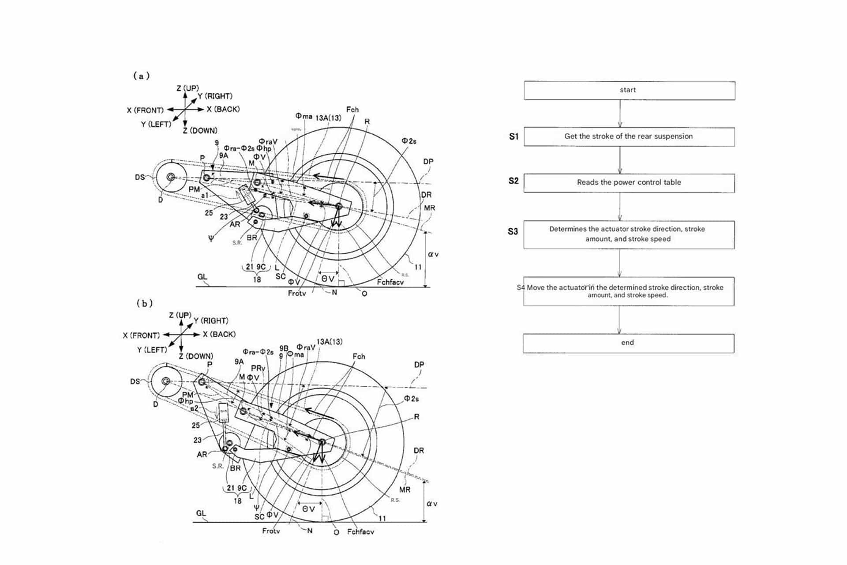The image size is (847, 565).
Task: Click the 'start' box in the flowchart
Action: click(629, 90)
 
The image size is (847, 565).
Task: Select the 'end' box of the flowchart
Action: click(628, 343)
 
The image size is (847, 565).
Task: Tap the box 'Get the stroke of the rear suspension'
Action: click(629, 136)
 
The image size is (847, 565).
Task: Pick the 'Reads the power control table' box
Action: click(629, 182)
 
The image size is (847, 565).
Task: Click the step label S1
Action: click(513, 136)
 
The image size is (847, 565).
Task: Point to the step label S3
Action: click(513, 231)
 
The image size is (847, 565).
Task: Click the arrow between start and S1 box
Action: click(620, 113)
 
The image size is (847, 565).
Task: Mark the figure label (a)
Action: click(142, 76)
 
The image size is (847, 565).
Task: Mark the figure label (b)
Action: click(144, 303)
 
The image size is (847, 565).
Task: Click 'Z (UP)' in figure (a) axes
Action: click(187, 88)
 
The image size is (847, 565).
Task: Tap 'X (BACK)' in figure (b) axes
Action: click(219, 334)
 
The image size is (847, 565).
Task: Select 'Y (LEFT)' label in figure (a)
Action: click(156, 124)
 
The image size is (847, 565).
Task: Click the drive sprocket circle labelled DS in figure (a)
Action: click(170, 177)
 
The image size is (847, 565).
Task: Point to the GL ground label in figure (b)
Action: click(201, 513)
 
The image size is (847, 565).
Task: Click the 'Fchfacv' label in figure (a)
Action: click(390, 282)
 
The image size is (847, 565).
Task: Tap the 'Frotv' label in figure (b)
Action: click(271, 531)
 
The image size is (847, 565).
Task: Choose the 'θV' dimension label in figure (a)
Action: click(327, 279)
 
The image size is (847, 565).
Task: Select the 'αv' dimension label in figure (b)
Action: click(432, 503)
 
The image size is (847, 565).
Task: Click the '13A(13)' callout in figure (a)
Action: click(328, 118)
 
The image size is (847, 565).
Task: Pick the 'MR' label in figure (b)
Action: click(405, 489)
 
